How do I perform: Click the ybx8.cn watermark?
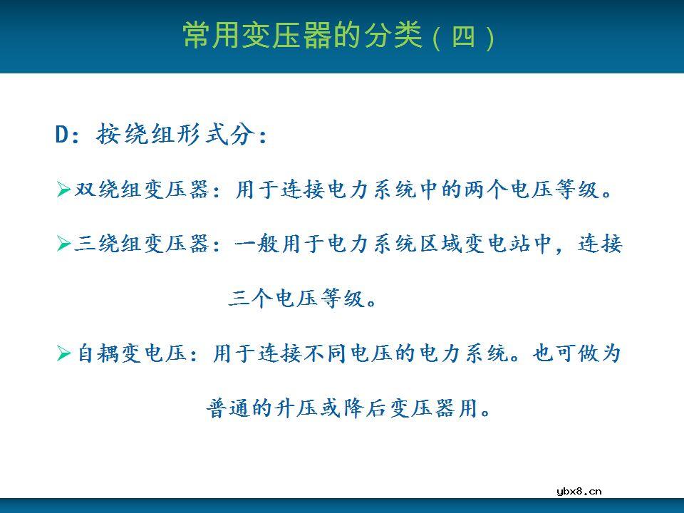point(579,490)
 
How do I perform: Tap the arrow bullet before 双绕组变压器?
point(63,190)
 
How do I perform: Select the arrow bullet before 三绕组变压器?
point(63,245)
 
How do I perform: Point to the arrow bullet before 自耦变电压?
point(63,353)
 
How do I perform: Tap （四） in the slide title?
point(465,36)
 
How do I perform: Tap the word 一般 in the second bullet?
point(256,245)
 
